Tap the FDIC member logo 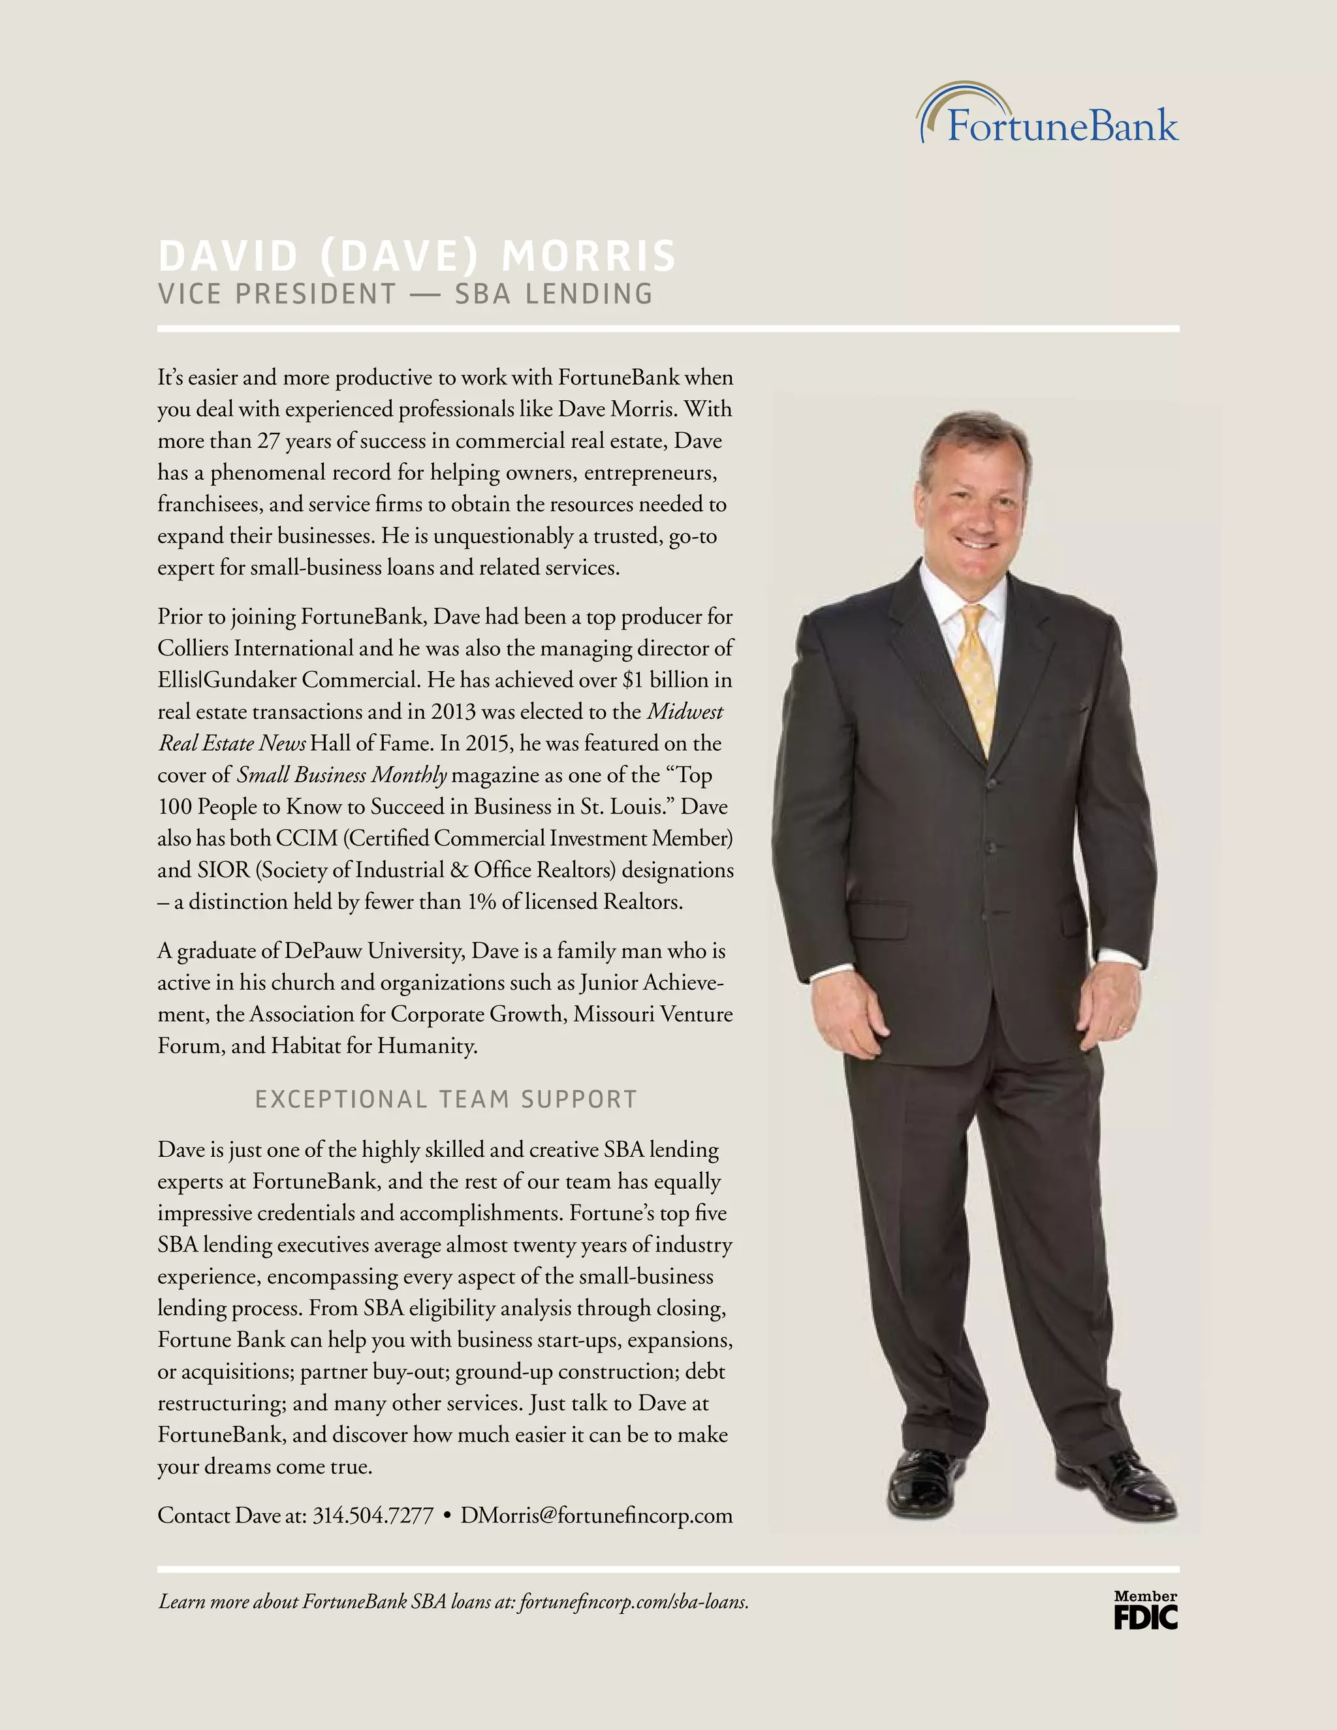(1145, 1611)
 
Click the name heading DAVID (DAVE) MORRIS (417, 256)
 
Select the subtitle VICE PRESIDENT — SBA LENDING (405, 294)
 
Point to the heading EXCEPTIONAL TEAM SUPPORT (446, 1099)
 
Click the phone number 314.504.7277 (373, 1515)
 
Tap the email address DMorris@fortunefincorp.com (597, 1515)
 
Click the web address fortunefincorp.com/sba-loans (634, 1601)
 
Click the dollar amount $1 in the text (633, 680)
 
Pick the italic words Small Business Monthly (342, 776)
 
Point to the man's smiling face (975, 499)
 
